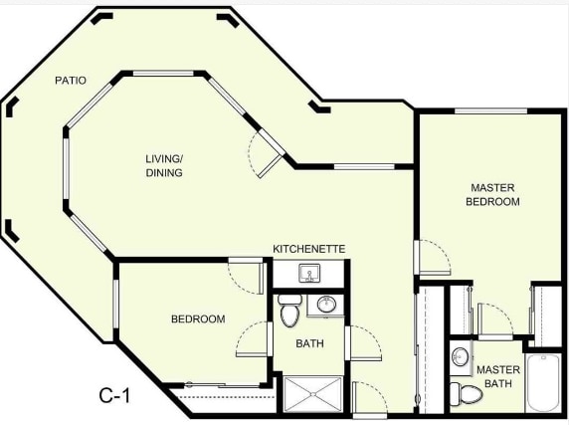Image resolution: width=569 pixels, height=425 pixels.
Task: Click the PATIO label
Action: pyautogui.click(x=70, y=80)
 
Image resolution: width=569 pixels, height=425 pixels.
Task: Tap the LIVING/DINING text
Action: pyautogui.click(x=165, y=165)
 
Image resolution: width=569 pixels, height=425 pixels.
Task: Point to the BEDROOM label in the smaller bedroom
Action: pyautogui.click(x=198, y=319)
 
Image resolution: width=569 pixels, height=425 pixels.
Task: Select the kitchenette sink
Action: pyautogui.click(x=309, y=272)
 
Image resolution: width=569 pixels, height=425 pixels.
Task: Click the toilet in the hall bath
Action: pyautogui.click(x=289, y=311)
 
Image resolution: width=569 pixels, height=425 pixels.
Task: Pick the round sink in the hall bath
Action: pyautogui.click(x=325, y=305)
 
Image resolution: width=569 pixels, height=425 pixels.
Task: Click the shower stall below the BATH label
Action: pyautogui.click(x=312, y=393)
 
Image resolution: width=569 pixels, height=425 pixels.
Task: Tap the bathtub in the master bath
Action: pyautogui.click(x=543, y=383)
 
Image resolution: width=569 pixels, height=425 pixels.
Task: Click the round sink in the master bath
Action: pyautogui.click(x=461, y=356)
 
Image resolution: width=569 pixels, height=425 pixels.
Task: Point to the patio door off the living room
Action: pyautogui.click(x=267, y=157)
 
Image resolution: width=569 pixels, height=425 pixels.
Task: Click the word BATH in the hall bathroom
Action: pyautogui.click(x=309, y=343)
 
